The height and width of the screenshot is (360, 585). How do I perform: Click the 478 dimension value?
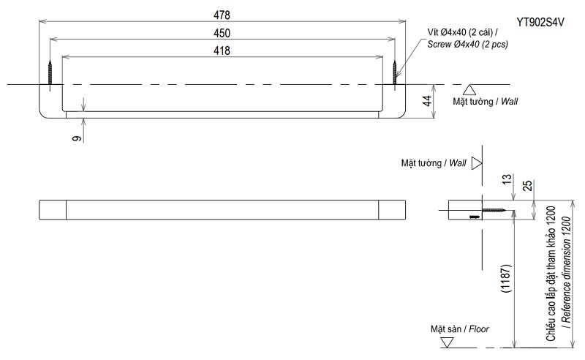(222, 15)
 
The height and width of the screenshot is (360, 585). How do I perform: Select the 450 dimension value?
(222, 33)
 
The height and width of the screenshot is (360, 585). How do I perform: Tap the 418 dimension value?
(222, 50)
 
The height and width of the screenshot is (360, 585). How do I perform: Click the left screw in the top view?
(50, 72)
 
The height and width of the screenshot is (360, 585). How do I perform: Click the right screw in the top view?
(395, 72)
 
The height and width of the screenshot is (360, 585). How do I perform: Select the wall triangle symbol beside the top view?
(471, 90)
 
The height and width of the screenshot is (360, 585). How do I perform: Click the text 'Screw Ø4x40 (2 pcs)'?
(468, 45)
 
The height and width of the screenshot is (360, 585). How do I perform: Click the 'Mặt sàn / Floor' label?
(459, 329)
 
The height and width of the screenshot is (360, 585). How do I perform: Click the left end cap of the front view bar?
(52, 209)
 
